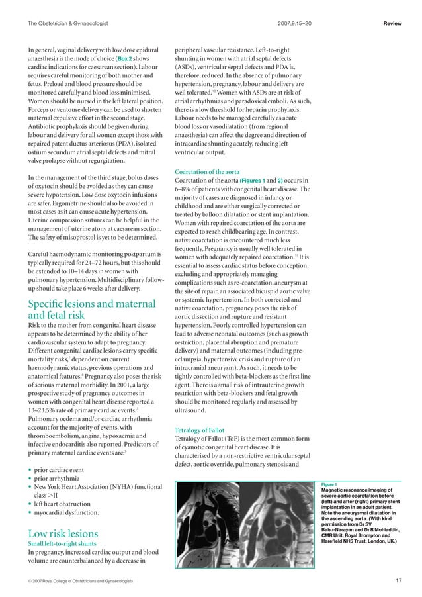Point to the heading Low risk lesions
[63, 533]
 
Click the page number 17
[397, 580]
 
